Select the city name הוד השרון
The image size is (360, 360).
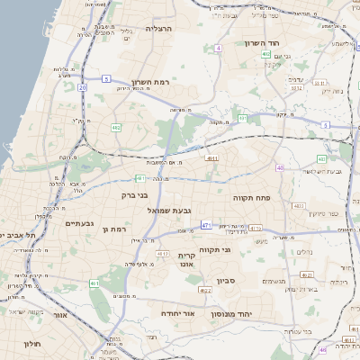point(262,43)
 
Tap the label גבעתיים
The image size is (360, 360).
point(80,222)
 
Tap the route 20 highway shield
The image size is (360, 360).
point(82,87)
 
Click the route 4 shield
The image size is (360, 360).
point(219,48)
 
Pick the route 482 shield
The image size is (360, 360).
point(116,128)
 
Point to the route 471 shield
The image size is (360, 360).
point(206,225)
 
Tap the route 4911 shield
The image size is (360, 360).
point(212,158)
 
